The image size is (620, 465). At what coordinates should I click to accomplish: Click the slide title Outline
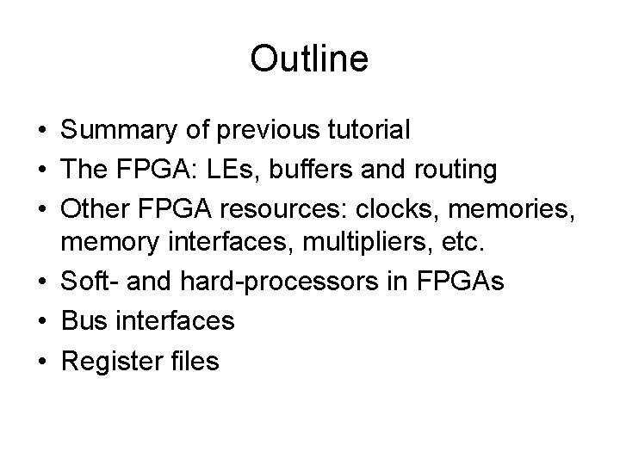point(309,59)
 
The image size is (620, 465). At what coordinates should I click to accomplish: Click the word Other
point(94,209)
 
